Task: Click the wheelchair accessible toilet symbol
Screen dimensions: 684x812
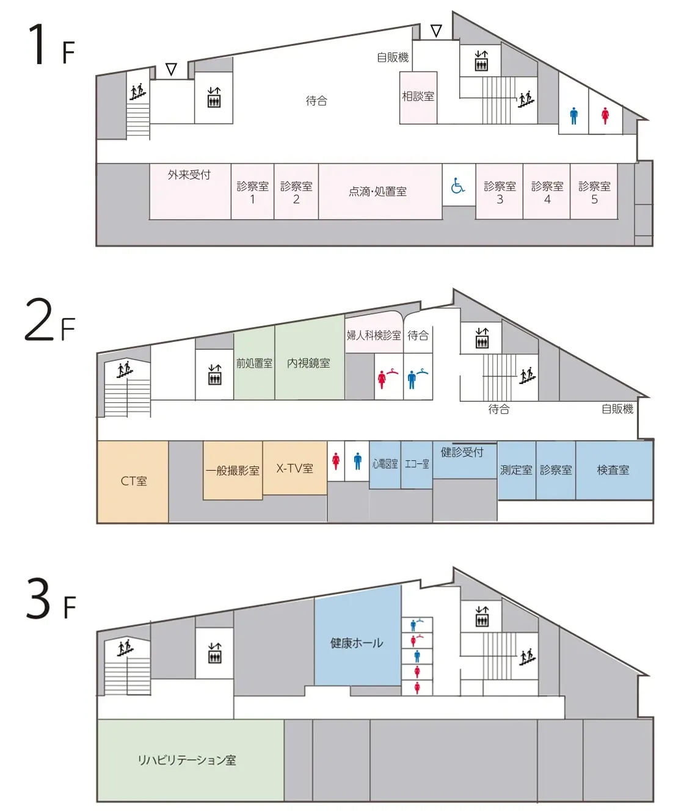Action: click(457, 185)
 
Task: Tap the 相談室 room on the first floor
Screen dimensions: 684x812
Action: click(418, 98)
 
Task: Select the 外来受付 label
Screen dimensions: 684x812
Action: click(189, 175)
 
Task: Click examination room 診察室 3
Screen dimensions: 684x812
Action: click(500, 191)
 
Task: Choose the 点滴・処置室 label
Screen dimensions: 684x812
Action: click(377, 191)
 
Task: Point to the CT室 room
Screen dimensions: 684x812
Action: click(133, 482)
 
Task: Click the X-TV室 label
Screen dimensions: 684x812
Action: click(294, 468)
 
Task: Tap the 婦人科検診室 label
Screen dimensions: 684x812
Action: click(374, 335)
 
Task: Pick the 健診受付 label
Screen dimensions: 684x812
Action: click(462, 452)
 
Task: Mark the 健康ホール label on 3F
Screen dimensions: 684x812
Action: click(357, 643)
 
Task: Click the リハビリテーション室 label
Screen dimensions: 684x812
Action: click(187, 760)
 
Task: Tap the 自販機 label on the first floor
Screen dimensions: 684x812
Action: click(393, 57)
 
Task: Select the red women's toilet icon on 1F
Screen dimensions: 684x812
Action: click(605, 116)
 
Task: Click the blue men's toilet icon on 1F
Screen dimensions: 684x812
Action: click(574, 116)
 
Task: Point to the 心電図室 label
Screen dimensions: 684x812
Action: click(385, 463)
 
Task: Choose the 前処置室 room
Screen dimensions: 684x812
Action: click(254, 364)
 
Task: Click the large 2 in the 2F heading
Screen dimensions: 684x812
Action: click(39, 320)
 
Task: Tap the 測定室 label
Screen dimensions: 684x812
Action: click(516, 470)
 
